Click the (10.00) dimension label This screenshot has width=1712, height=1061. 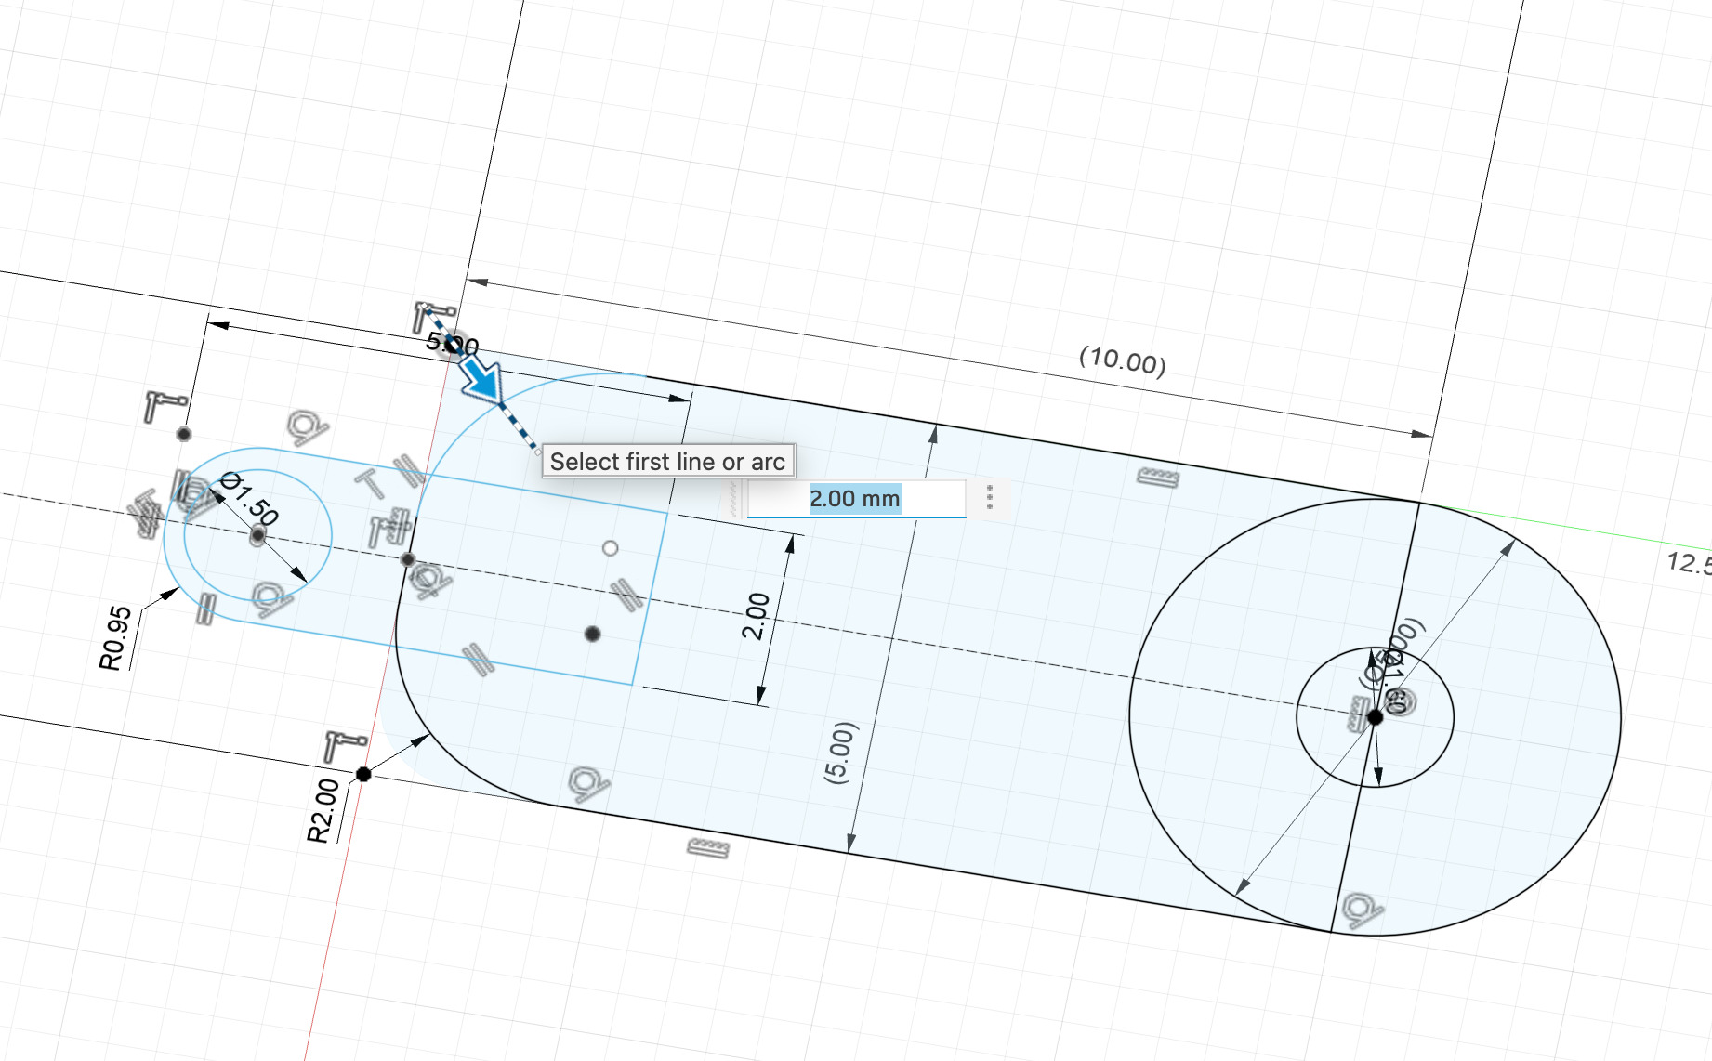[x=1122, y=360]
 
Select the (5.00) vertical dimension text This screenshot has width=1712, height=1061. [x=837, y=753]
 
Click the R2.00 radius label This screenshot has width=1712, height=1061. [x=323, y=810]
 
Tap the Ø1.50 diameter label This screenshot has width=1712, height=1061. [x=250, y=498]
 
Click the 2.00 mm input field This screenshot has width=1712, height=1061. [x=855, y=499]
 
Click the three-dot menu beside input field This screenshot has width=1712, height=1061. [x=990, y=497]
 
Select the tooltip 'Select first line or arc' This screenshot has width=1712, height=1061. [x=667, y=462]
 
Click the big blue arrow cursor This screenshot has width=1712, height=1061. [x=481, y=378]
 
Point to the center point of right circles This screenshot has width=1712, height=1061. [x=1375, y=716]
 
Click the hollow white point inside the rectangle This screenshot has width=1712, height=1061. [x=610, y=548]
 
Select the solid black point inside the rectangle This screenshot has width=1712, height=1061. [x=592, y=634]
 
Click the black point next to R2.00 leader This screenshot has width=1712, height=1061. [x=363, y=774]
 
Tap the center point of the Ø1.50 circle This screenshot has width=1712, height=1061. [x=257, y=536]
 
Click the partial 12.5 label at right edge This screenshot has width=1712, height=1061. [x=1687, y=563]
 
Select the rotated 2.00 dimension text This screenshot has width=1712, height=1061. [x=756, y=616]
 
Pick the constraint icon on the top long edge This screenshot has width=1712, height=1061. [x=1157, y=478]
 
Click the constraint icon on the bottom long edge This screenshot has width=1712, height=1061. [x=708, y=847]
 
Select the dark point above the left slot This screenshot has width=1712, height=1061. [x=184, y=434]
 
